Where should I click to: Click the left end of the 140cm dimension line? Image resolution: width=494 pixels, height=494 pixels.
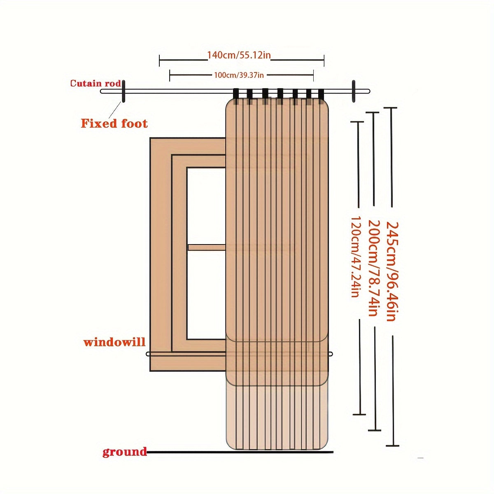tap(159, 61)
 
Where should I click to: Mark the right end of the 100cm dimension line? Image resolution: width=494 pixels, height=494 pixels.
tap(313, 75)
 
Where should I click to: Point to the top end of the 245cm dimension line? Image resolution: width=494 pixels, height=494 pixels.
tap(390, 108)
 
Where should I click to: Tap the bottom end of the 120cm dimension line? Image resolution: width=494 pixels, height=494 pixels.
tap(359, 407)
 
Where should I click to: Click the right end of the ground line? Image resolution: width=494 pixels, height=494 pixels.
tap(333, 459)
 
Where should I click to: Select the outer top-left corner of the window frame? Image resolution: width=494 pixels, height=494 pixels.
tap(150, 138)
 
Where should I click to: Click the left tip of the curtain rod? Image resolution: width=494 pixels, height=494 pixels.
tap(101, 91)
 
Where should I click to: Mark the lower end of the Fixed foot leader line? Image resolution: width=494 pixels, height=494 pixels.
tap(110, 117)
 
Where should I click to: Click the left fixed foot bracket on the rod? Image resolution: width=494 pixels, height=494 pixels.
tap(123, 91)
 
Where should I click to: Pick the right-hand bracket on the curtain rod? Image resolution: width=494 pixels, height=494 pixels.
tap(354, 91)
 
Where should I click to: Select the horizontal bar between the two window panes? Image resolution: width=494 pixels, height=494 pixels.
tap(207, 247)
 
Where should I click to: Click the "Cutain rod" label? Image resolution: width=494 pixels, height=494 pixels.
tap(96, 84)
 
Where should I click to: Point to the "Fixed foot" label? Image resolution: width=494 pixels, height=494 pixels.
tap(114, 123)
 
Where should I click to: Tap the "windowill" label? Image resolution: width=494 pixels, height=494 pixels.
tap(114, 342)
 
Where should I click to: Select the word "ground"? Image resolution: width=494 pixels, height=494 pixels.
tap(125, 459)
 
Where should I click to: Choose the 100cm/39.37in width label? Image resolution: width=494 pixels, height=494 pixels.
tap(239, 75)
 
